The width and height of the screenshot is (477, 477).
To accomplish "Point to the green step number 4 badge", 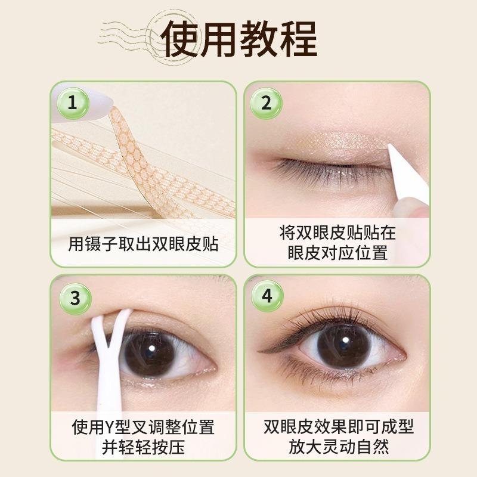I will (267, 297).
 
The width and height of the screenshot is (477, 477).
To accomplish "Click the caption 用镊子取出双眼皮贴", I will (143, 244).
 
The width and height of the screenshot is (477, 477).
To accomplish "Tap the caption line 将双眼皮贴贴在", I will (337, 232).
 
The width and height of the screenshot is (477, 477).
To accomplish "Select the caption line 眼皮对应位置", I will (337, 253).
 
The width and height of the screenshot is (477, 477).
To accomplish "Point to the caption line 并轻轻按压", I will (143, 447).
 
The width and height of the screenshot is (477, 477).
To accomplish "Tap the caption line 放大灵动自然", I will (337, 447).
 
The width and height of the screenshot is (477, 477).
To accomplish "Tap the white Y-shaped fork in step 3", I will (107, 358).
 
